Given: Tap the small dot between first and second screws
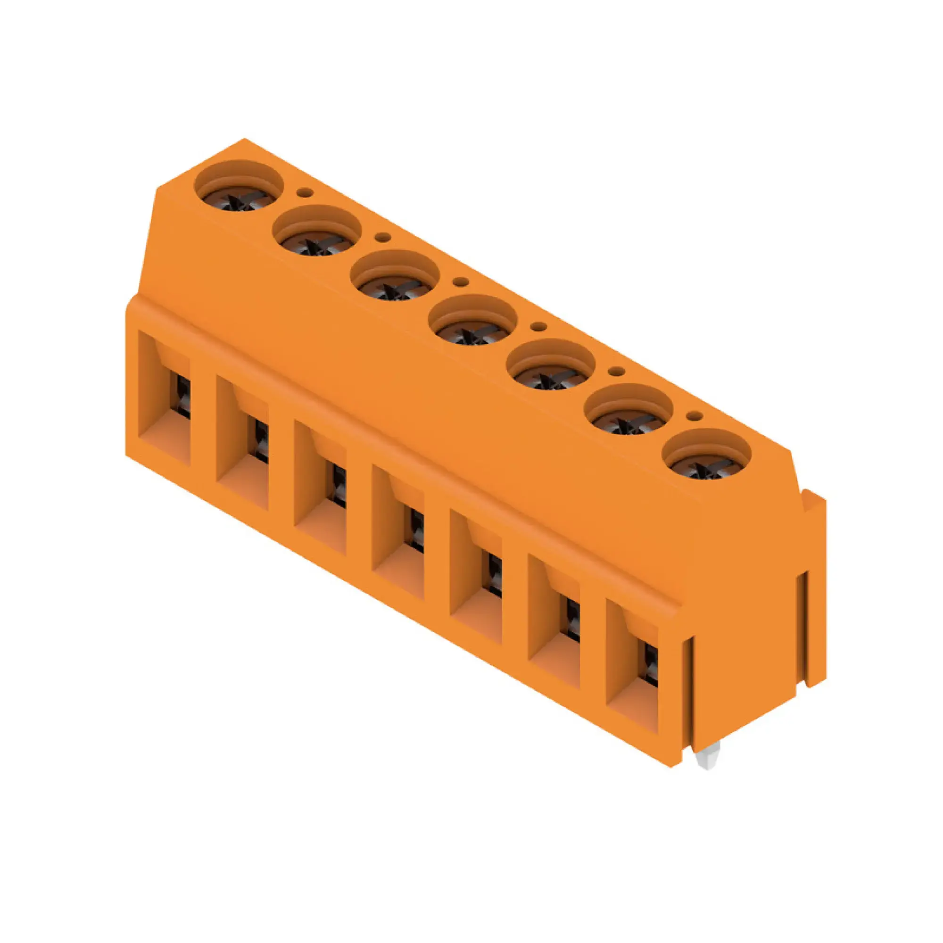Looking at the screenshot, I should coord(306,192).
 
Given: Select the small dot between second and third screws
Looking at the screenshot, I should coord(384,237).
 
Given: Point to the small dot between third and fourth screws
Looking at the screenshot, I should coord(460,281).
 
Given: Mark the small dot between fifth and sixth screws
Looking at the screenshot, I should coord(616,372).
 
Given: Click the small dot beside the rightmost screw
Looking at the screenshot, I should coord(694,416).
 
